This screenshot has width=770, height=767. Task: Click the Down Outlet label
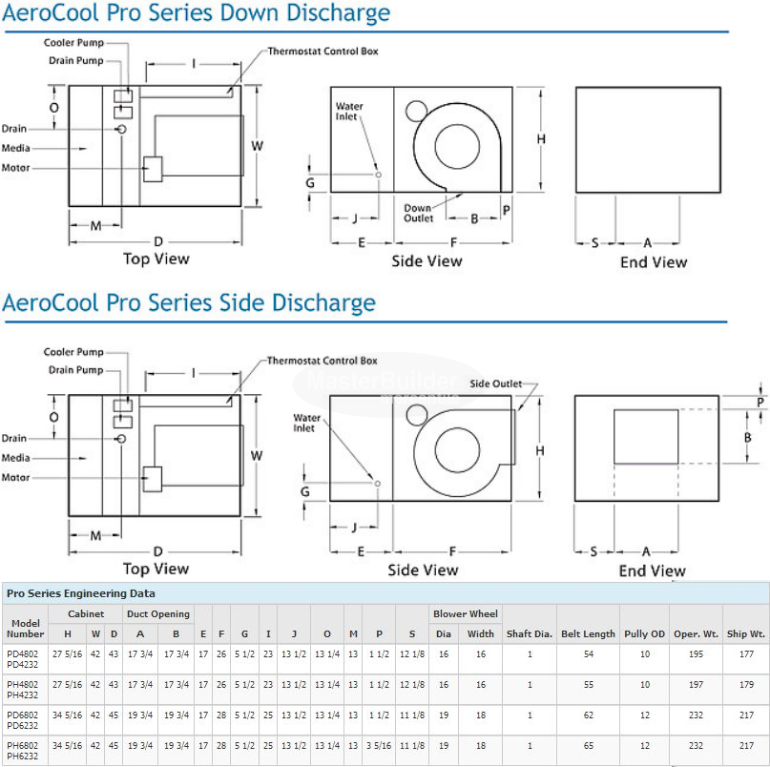click(x=418, y=213)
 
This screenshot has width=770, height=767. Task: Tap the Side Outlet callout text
click(x=496, y=383)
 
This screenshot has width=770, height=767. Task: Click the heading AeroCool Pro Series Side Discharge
click(x=189, y=303)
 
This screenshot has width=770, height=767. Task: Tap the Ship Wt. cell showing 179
click(x=745, y=684)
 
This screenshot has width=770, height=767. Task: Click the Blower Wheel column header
click(x=465, y=614)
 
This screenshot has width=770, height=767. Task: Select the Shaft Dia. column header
click(x=530, y=633)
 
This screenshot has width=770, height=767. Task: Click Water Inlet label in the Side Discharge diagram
click(x=306, y=423)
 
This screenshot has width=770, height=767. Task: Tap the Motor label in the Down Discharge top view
click(x=15, y=168)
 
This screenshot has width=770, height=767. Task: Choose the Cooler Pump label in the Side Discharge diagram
click(x=73, y=353)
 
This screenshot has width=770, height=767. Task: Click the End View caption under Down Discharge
click(x=653, y=261)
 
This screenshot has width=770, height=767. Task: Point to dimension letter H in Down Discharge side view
click(x=541, y=139)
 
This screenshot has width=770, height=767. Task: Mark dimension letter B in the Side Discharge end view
click(x=748, y=437)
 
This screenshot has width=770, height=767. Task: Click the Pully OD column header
click(x=644, y=633)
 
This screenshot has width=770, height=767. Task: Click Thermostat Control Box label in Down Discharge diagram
click(x=323, y=51)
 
